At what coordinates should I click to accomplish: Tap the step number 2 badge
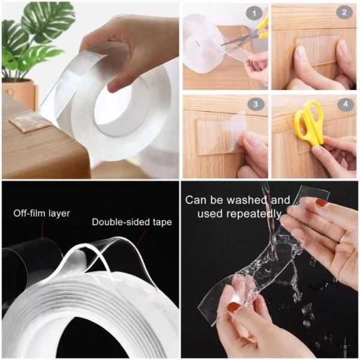point(344,12)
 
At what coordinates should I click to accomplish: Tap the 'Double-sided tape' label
point(131,222)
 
